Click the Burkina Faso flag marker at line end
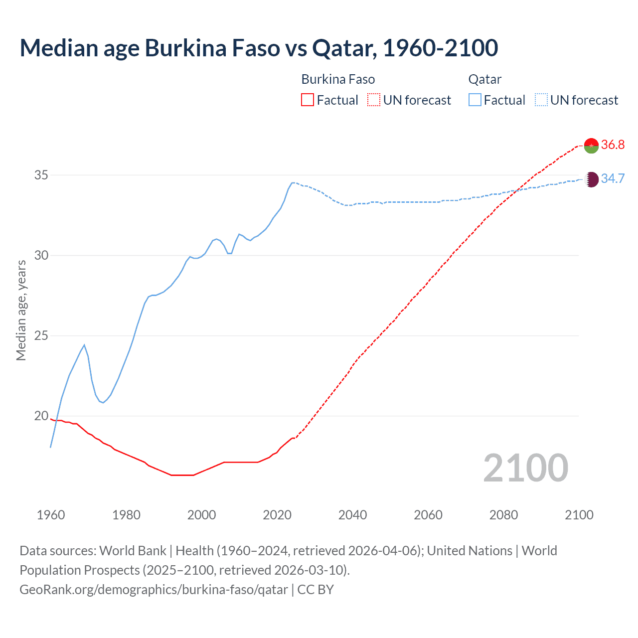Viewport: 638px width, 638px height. [x=591, y=145]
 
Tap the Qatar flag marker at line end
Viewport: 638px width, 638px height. [x=591, y=179]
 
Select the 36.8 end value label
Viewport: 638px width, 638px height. [x=613, y=145]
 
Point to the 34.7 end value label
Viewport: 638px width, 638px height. [x=613, y=179]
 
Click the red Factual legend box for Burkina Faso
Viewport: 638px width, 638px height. [x=308, y=100]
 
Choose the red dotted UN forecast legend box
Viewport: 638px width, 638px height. [x=374, y=100]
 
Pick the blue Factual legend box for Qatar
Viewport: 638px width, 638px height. [x=475, y=100]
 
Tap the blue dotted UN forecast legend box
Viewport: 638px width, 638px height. [x=541, y=100]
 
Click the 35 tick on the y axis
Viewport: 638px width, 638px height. [x=41, y=175]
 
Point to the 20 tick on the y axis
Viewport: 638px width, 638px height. [x=41, y=416]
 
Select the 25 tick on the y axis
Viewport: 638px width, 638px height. [x=41, y=335]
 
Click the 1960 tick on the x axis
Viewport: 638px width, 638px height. [x=51, y=515]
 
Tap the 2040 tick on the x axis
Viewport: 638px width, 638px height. [x=352, y=515]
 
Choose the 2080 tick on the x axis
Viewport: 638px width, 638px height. [x=503, y=515]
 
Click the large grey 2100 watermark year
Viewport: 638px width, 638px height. [x=525, y=468]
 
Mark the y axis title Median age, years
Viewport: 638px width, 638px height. [x=21, y=310]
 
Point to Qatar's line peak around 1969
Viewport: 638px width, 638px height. [x=84, y=345]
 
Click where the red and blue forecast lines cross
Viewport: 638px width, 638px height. [x=515, y=190]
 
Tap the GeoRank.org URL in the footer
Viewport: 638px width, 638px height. [x=154, y=590]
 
